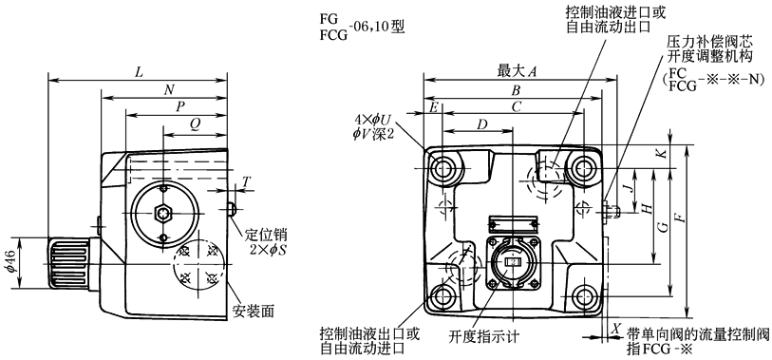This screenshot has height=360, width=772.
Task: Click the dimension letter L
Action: (139, 72)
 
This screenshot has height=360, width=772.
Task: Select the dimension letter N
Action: (169, 89)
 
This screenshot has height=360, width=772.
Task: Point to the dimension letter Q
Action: (195, 126)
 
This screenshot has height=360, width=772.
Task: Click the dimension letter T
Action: (247, 182)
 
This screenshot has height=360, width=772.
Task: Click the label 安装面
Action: (253, 311)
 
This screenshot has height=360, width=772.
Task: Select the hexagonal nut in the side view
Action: (164, 213)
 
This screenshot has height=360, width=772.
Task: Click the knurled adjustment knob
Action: (69, 263)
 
